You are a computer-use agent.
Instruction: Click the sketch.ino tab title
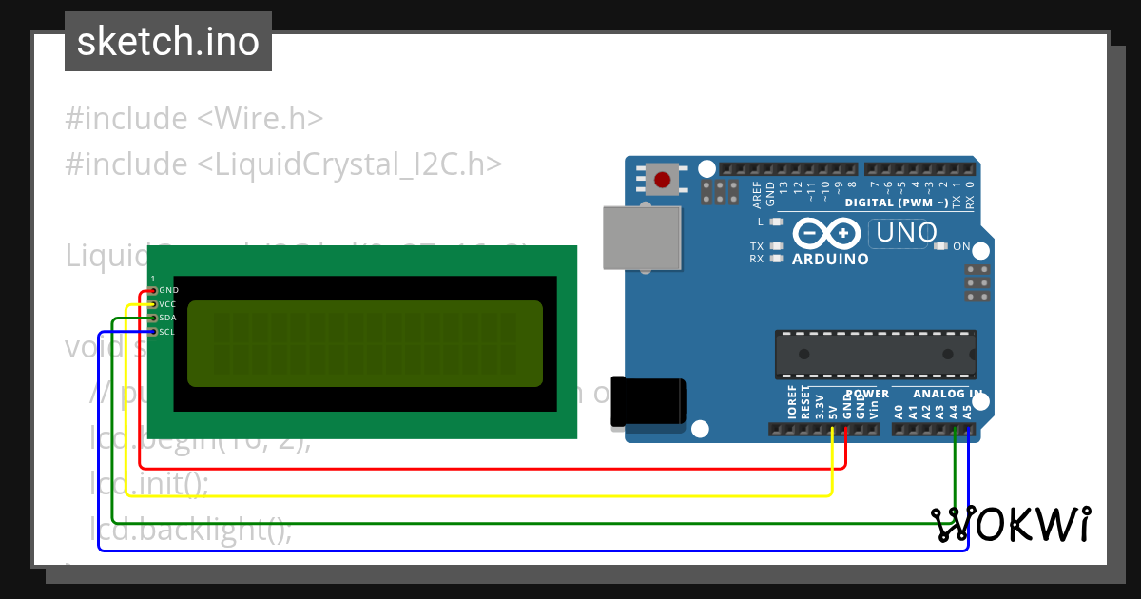(x=168, y=42)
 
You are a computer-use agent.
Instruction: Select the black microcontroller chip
(x=876, y=354)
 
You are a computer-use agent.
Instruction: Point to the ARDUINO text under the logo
(x=830, y=259)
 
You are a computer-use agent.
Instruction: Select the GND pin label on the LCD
(x=168, y=290)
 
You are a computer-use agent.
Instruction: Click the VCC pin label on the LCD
(x=167, y=304)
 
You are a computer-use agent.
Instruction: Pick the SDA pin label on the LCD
(x=167, y=318)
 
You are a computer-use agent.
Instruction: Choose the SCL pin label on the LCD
(x=166, y=332)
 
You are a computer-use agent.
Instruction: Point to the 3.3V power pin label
(x=820, y=408)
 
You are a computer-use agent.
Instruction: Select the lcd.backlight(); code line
(x=190, y=529)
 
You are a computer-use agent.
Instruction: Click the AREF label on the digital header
(x=758, y=194)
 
